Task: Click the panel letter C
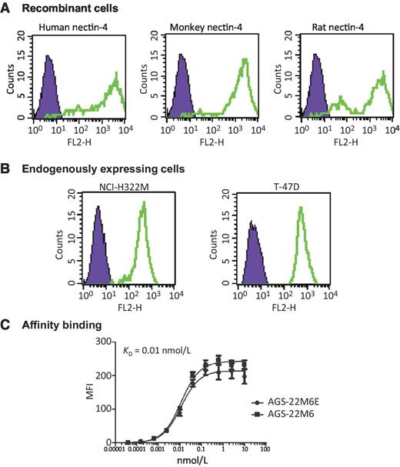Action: pyautogui.click(x=6, y=325)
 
